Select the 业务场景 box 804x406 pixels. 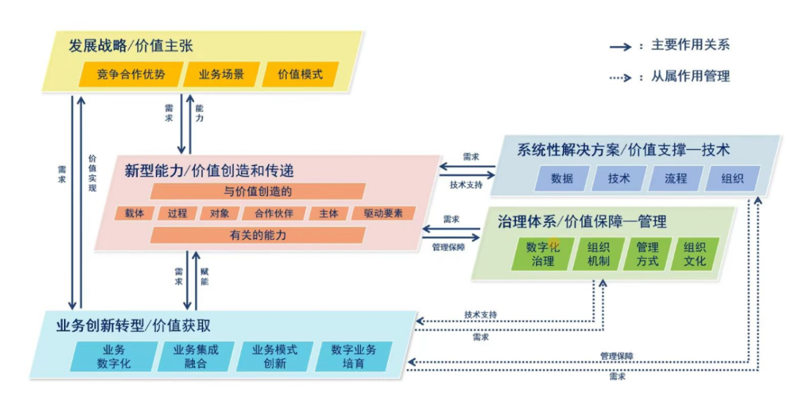click(x=221, y=74)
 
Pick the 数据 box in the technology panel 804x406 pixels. click(x=562, y=179)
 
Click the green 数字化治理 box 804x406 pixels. click(x=543, y=254)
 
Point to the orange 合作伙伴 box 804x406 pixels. click(x=274, y=213)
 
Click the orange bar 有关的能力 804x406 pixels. click(x=258, y=235)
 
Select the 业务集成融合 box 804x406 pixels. click(x=195, y=357)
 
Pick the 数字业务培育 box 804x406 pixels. click(x=354, y=357)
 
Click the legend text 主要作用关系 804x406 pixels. click(x=690, y=45)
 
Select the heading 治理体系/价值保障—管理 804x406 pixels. click(x=581, y=221)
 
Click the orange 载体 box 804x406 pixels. click(x=134, y=213)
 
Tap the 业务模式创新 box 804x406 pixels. click(x=275, y=357)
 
